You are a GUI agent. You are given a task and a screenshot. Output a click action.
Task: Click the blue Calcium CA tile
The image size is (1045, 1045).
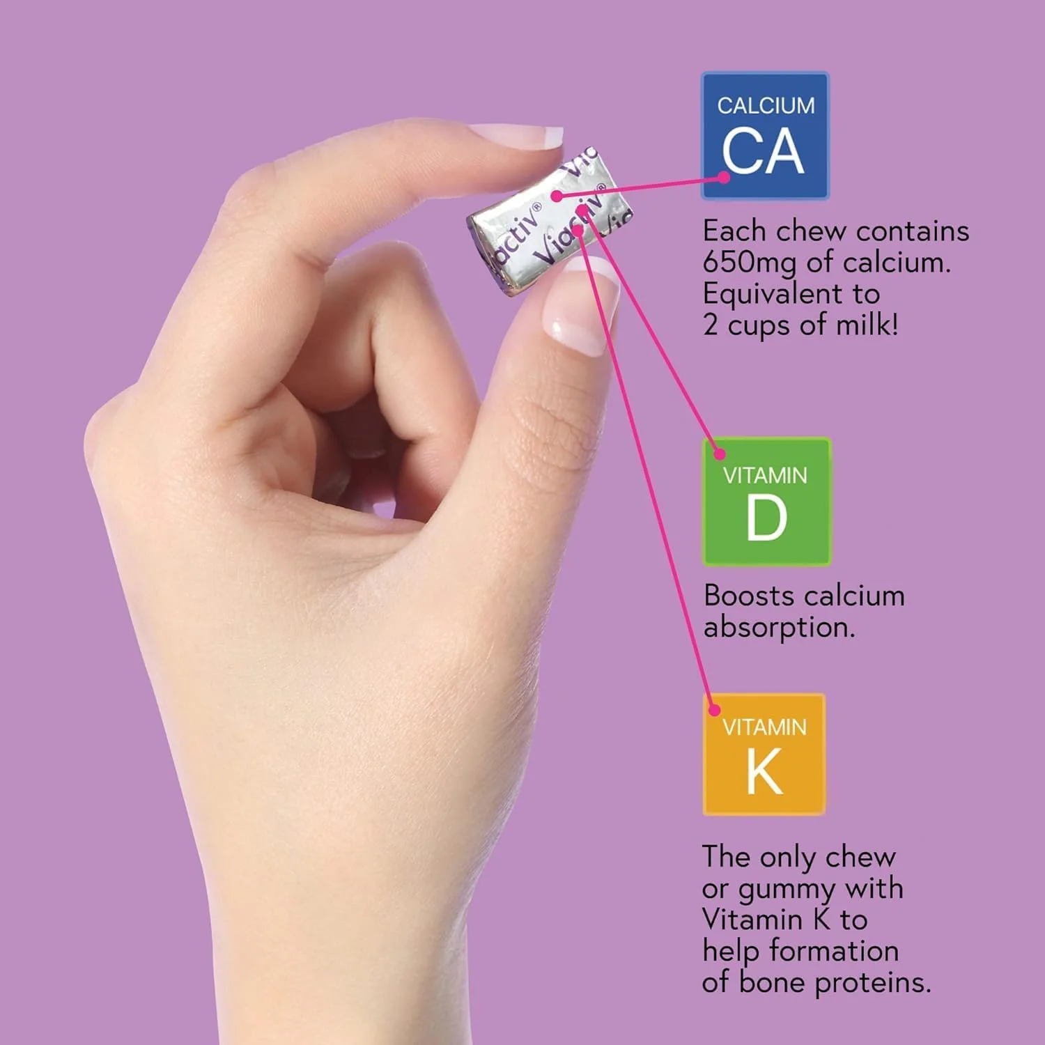(765, 136)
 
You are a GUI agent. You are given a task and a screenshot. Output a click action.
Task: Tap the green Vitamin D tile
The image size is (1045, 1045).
(766, 502)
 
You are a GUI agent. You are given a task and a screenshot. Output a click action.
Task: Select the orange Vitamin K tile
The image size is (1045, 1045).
(764, 754)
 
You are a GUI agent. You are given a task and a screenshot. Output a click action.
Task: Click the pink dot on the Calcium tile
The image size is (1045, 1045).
(724, 177)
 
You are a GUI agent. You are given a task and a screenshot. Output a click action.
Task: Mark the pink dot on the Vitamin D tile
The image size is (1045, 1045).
(720, 454)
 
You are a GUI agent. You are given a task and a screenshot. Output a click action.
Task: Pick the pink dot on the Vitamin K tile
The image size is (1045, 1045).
(714, 710)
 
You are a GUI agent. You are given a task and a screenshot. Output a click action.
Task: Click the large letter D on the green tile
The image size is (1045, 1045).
(766, 518)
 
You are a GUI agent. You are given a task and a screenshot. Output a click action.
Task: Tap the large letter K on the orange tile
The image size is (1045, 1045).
(764, 771)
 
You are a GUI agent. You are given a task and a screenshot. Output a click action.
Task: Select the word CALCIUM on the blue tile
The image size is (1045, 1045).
(766, 106)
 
